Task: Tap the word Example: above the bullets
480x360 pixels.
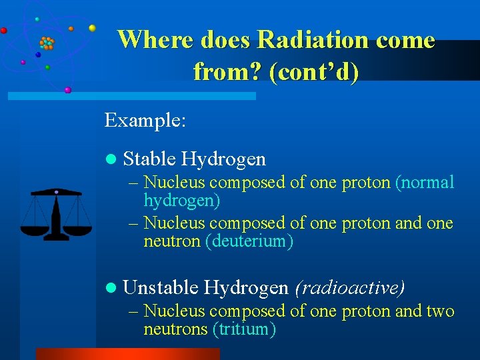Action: pos(145,121)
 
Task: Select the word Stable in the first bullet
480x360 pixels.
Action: pos(149,159)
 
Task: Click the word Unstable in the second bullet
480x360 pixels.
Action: pos(160,287)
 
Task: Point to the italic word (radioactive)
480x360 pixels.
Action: pos(349,287)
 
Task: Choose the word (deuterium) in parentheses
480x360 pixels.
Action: pos(249,241)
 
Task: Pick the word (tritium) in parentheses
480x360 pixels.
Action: pos(243,329)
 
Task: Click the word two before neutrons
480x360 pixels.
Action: pos(441,311)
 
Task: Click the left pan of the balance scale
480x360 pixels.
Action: pos(35,231)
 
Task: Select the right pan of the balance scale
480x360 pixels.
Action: pos(78,231)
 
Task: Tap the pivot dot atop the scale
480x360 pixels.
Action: pos(57,192)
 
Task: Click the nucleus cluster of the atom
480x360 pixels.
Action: pos(47,44)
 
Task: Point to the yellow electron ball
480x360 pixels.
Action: pos(92,28)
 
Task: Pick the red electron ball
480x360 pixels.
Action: pos(4,30)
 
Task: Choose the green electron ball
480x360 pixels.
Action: pos(47,67)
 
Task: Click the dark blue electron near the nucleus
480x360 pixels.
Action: pos(38,55)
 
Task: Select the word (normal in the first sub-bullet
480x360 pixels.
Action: pos(425,182)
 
